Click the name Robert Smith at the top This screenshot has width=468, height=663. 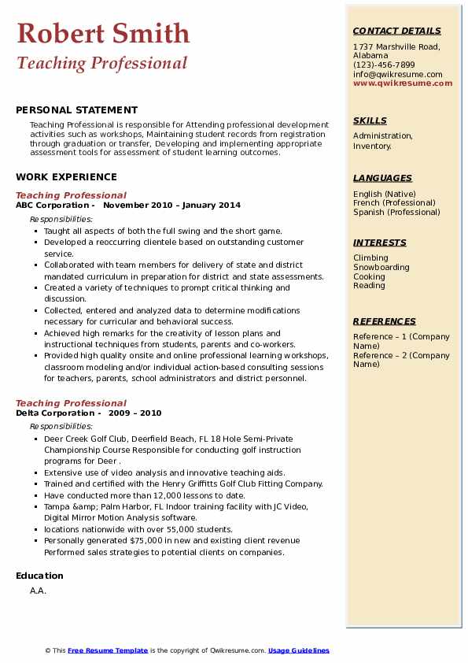click(103, 33)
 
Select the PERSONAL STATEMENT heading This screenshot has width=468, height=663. click(76, 110)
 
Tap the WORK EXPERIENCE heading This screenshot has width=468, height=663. click(66, 177)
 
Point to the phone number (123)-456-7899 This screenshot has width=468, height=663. click(384, 65)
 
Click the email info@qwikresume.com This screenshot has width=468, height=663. click(397, 74)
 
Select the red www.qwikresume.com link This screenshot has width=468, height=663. click(403, 83)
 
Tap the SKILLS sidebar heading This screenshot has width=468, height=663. click(370, 121)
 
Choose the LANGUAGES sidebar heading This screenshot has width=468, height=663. click(382, 179)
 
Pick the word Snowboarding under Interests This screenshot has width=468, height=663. click(381, 268)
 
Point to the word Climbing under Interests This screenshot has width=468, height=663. click(370, 258)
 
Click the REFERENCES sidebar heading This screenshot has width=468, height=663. click(385, 322)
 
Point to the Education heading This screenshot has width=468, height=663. click(39, 576)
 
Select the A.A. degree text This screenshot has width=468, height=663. click(38, 591)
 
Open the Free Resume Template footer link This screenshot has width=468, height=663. click(108, 650)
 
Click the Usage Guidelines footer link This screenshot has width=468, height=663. click(299, 650)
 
